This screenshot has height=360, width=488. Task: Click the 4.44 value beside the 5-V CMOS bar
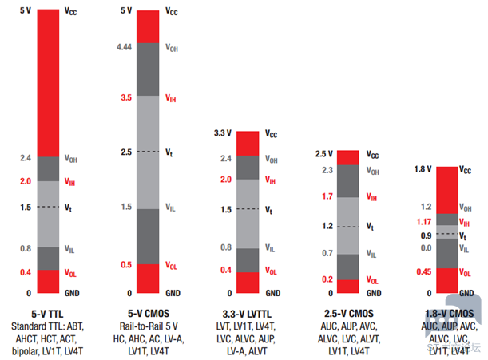click(124, 48)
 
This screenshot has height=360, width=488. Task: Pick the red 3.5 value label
click(126, 97)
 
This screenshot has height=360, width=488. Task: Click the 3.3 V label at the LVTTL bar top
click(223, 133)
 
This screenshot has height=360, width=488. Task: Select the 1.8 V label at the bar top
click(423, 169)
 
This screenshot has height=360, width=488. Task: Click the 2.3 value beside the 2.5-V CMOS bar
click(327, 170)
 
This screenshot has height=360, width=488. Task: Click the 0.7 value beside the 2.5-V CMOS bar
click(327, 253)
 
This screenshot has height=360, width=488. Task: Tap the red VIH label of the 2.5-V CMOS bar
click(372, 196)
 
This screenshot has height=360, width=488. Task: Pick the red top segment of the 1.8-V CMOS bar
click(447, 190)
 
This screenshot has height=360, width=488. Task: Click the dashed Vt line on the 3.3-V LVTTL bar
click(248, 209)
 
